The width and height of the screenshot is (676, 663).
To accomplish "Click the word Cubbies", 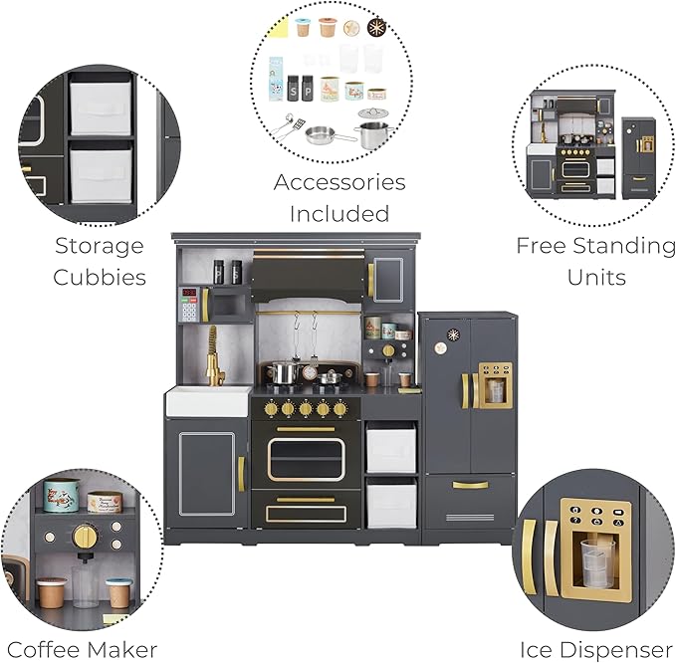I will (99, 277).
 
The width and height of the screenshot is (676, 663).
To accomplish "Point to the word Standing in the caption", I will (624, 245).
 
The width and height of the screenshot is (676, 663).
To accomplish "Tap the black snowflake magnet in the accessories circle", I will (376, 27).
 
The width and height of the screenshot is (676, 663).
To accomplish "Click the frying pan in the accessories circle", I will (323, 134).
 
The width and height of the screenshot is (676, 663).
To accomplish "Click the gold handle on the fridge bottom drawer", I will (470, 485).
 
